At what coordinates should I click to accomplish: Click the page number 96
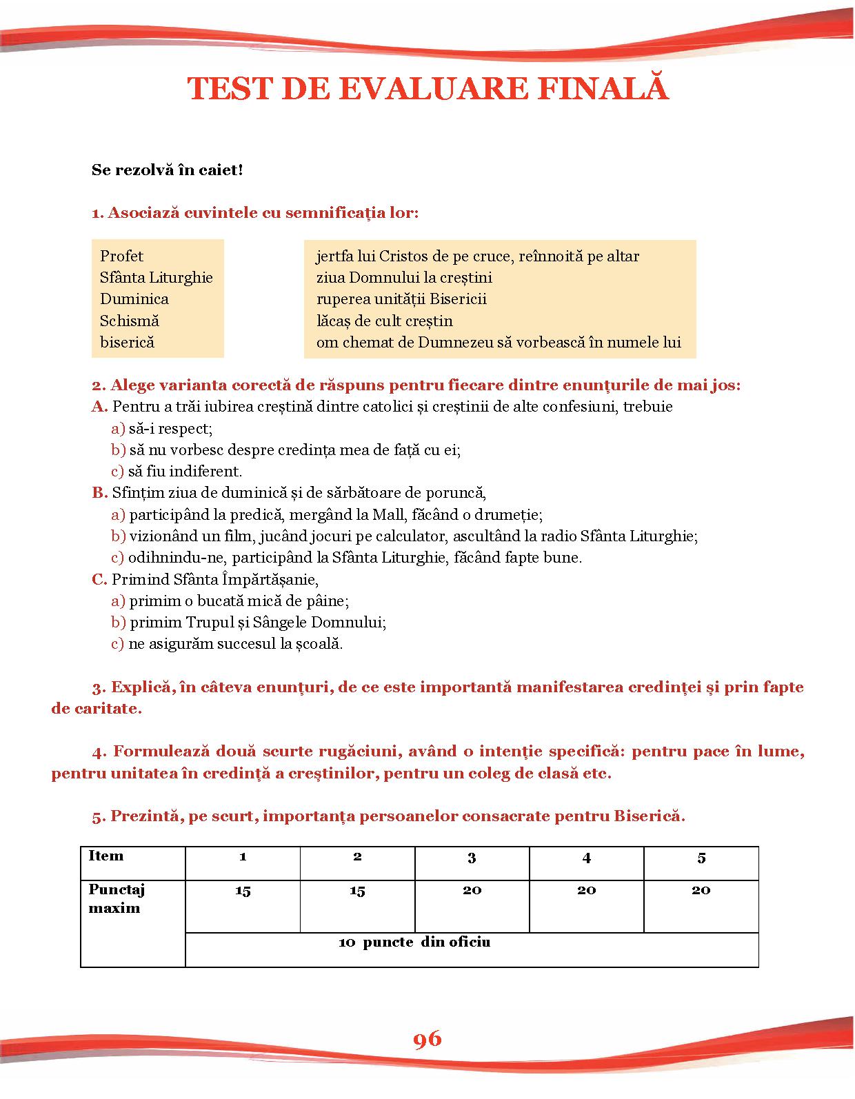pos(428,1039)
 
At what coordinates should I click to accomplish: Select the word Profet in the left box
pos(121,256)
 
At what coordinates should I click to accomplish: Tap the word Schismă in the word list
pos(129,321)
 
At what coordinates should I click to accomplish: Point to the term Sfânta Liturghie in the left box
pos(156,278)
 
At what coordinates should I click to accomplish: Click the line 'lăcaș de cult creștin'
pos(384,321)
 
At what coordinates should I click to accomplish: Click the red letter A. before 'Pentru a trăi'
pos(99,407)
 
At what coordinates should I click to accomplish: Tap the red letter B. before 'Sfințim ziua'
pos(99,493)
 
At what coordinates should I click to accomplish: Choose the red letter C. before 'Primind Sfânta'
pos(99,580)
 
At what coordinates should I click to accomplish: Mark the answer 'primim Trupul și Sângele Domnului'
pos(257,623)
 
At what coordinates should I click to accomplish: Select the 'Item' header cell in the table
pos(106,856)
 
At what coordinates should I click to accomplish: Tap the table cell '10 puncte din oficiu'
pos(414,942)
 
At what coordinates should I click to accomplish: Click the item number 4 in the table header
pos(586,858)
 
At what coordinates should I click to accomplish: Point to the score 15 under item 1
pos(243,891)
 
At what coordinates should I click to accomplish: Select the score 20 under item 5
pos(701,891)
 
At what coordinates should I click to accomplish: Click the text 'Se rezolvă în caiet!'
pos(167,170)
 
